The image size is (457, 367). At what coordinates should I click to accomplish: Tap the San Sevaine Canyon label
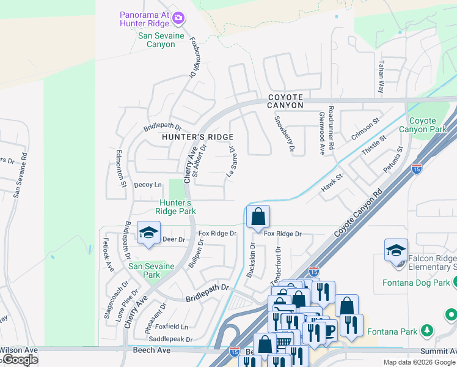point(147,40)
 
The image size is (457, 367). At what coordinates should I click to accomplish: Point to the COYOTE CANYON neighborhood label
point(285,101)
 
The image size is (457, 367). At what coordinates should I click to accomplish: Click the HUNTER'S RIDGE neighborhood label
point(197,137)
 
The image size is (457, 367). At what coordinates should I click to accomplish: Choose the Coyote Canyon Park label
point(428,125)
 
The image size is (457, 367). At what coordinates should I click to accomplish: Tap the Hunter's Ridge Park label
point(177,207)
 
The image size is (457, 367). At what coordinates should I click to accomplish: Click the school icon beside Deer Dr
point(148,233)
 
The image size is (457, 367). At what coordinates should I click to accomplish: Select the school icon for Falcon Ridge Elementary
point(396,251)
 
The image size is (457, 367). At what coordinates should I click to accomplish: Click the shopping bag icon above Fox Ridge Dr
point(258,217)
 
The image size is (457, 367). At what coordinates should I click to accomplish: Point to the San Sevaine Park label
point(152,270)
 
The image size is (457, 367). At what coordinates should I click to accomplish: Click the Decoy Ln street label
point(148,185)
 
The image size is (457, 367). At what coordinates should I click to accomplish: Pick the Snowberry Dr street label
point(285,134)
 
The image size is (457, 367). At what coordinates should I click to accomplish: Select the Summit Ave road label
point(437,351)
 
